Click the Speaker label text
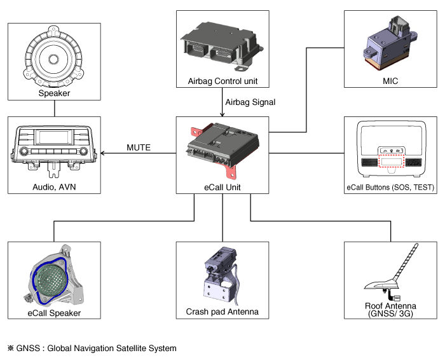[54, 93]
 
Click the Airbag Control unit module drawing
[222, 45]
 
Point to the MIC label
[390, 81]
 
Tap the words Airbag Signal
[250, 102]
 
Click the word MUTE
[139, 148]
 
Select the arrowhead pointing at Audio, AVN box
[104, 153]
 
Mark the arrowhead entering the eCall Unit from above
[222, 114]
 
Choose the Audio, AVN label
[54, 186]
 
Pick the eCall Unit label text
[222, 186]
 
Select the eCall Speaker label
[54, 313]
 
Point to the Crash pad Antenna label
[222, 312]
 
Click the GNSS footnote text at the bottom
[92, 348]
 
